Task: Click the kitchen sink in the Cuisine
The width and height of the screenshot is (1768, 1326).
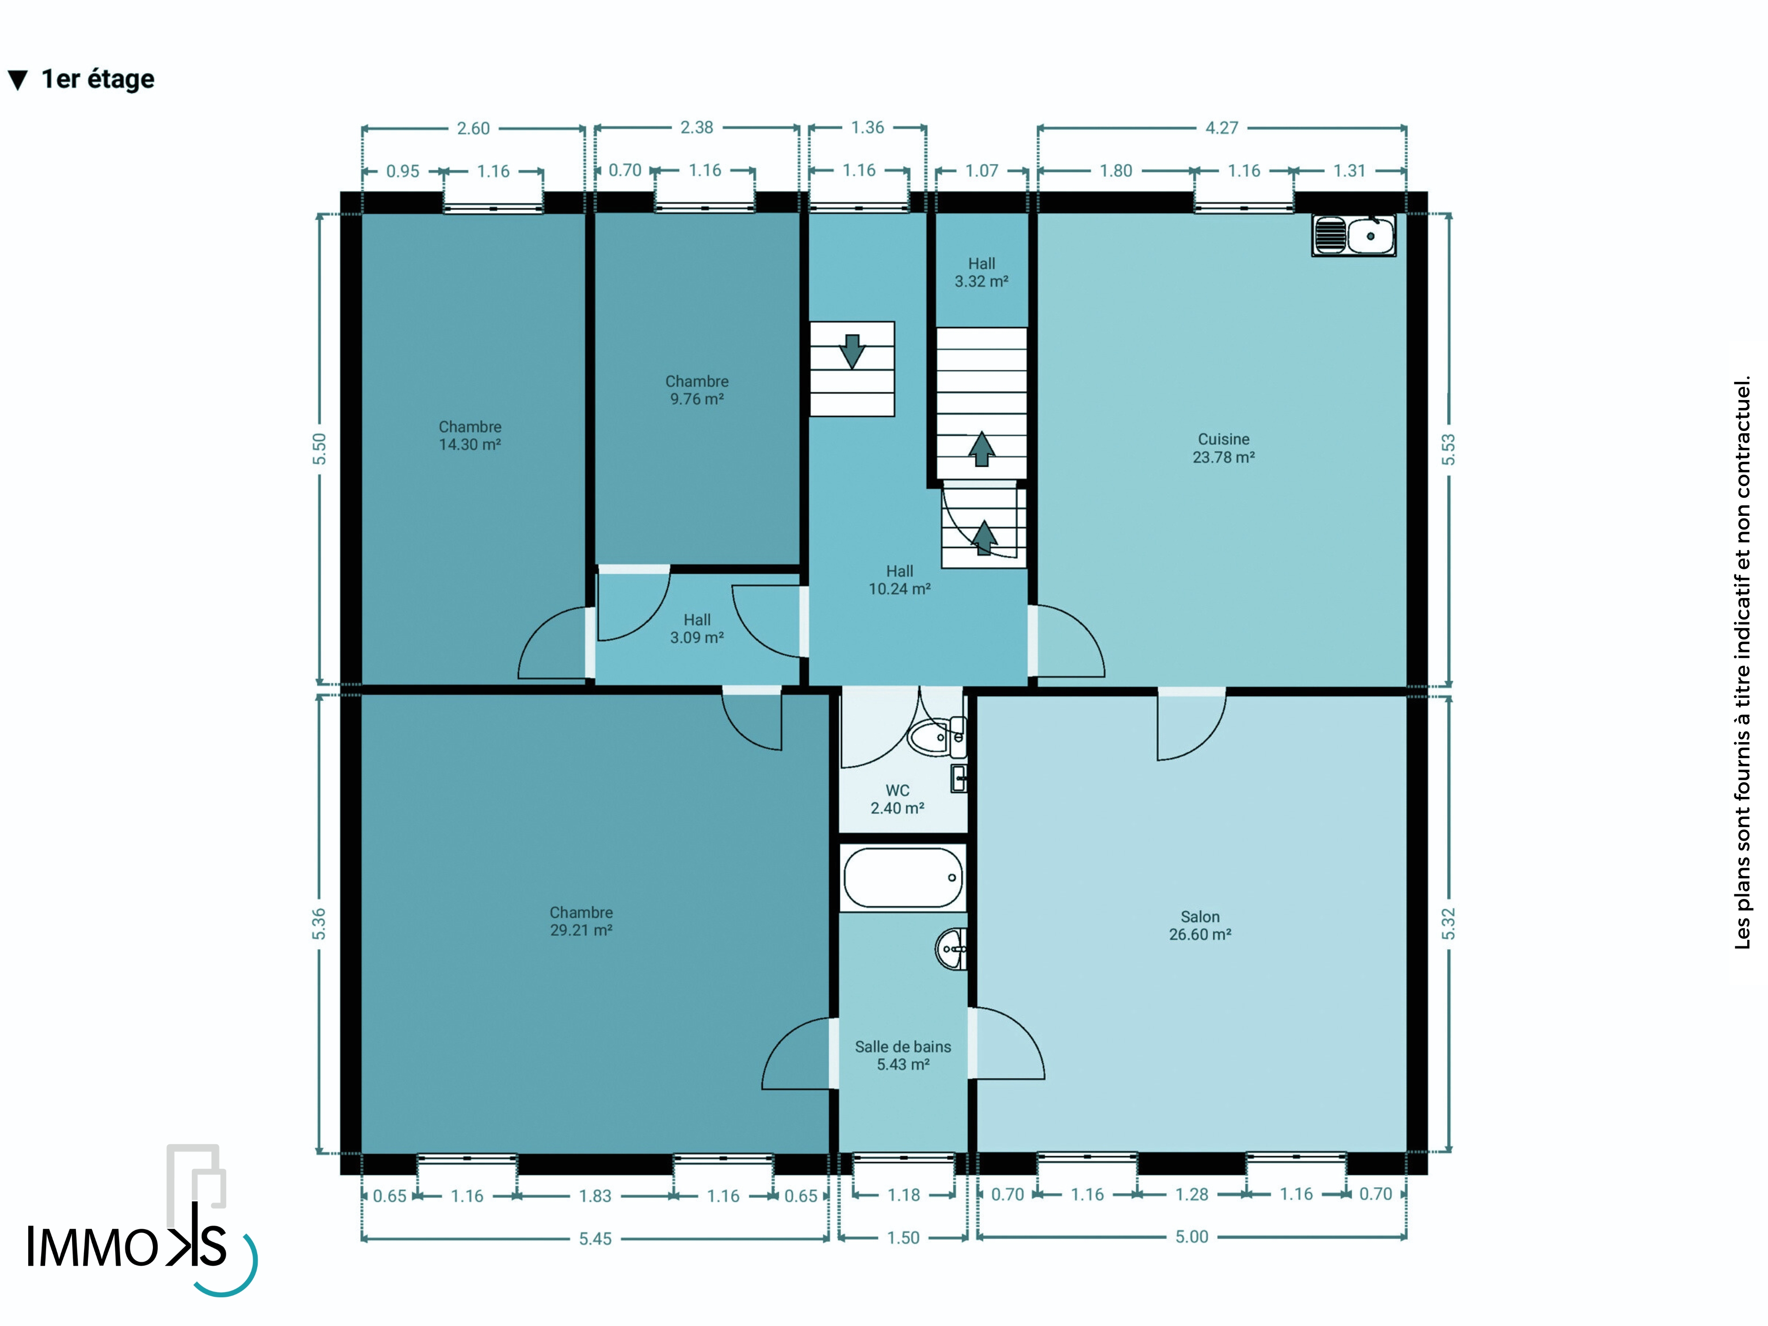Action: tap(1354, 235)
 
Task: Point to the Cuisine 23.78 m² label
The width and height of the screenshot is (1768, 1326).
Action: tap(1224, 448)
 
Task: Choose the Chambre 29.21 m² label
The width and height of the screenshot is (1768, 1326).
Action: tap(581, 921)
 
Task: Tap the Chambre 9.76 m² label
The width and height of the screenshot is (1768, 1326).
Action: tap(697, 390)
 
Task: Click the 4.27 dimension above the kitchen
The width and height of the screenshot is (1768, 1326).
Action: tap(1222, 128)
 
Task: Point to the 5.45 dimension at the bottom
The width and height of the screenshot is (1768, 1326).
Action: tap(595, 1239)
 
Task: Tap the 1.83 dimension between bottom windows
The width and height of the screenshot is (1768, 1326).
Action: tap(595, 1196)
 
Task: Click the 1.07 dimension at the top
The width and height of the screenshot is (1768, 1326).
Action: tap(982, 170)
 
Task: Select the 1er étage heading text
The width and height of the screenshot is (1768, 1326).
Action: tap(98, 79)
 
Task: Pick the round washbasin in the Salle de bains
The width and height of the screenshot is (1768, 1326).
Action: tap(951, 949)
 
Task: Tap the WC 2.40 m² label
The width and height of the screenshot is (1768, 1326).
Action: tap(898, 799)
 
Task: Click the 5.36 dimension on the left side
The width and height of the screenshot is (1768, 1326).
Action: tap(319, 924)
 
